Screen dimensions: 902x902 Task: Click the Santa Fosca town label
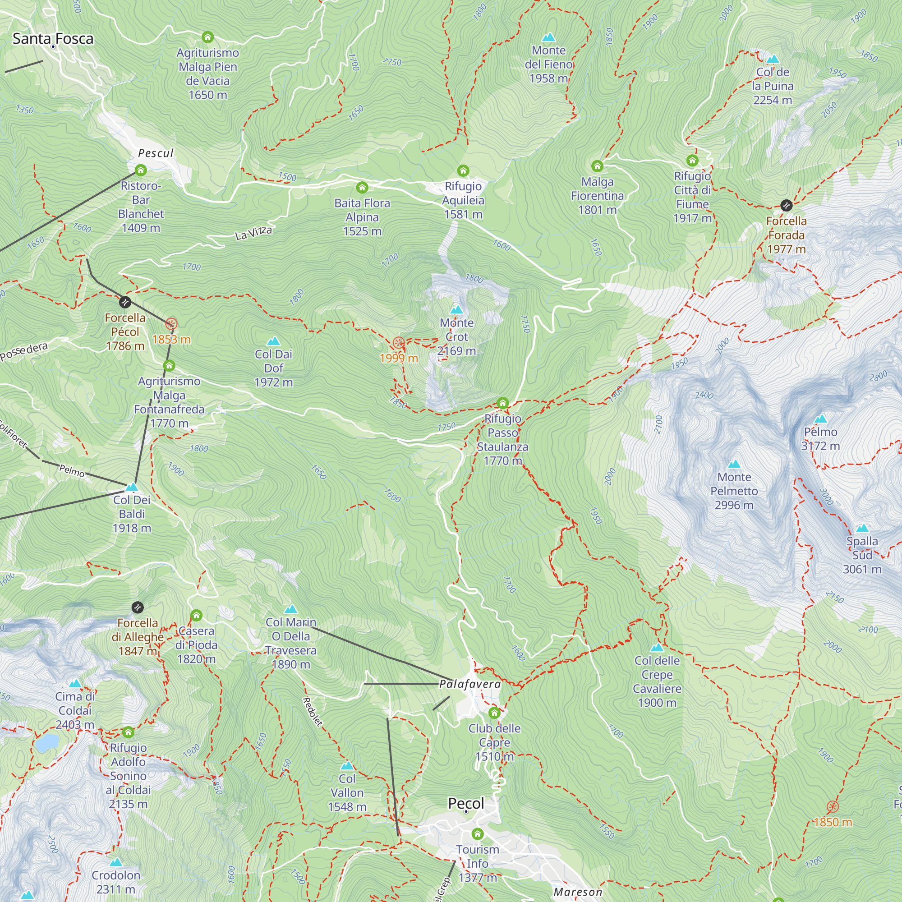pos(53,39)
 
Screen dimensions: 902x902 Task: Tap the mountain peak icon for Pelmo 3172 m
pos(820,419)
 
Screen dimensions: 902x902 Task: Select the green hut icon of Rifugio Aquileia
pos(463,170)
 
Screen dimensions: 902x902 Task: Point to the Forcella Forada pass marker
pos(786,205)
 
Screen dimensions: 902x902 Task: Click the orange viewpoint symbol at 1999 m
pos(398,343)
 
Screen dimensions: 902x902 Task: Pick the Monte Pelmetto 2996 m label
pos(734,491)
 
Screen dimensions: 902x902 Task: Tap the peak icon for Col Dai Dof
pos(274,341)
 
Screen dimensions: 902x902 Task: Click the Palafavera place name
pos(469,684)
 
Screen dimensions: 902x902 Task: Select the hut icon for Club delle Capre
pos(494,713)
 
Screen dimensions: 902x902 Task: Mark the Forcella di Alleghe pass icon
pos(137,607)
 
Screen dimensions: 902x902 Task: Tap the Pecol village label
pos(466,803)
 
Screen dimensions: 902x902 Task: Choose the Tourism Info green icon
pos(477,833)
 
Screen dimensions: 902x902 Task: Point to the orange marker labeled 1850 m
pos(833,806)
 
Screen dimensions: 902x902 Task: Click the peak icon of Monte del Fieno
pos(548,37)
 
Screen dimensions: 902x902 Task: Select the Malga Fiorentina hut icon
pos(597,166)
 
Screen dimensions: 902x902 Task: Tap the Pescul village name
pos(156,153)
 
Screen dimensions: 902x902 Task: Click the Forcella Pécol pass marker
pos(124,302)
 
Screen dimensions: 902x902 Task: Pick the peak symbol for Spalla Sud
pos(862,528)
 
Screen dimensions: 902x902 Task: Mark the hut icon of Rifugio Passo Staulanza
pos(502,402)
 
